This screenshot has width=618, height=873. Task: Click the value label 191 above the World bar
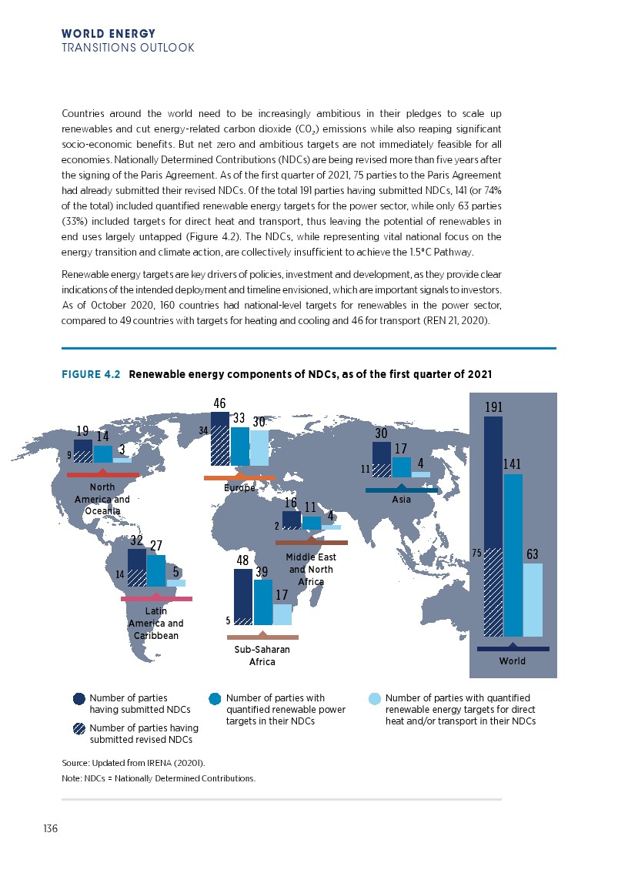[493, 406]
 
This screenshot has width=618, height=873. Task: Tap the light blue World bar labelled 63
[533, 600]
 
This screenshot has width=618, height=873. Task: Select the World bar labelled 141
[513, 554]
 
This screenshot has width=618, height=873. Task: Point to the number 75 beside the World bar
[476, 552]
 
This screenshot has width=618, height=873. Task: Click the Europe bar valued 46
[219, 439]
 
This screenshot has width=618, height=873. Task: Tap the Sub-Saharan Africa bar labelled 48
[242, 597]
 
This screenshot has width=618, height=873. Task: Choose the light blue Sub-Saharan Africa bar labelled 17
[282, 614]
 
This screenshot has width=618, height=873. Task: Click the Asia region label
[401, 500]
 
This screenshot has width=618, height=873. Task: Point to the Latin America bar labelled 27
[155, 570]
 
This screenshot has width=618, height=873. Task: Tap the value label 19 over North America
[82, 432]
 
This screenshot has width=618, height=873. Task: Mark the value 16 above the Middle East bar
[291, 503]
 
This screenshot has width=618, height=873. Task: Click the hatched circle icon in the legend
[79, 728]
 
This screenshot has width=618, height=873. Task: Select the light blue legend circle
[375, 699]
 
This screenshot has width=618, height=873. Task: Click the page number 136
[51, 828]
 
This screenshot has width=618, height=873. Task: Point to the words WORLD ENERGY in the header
[108, 34]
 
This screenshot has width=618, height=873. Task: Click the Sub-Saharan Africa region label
[262, 655]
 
